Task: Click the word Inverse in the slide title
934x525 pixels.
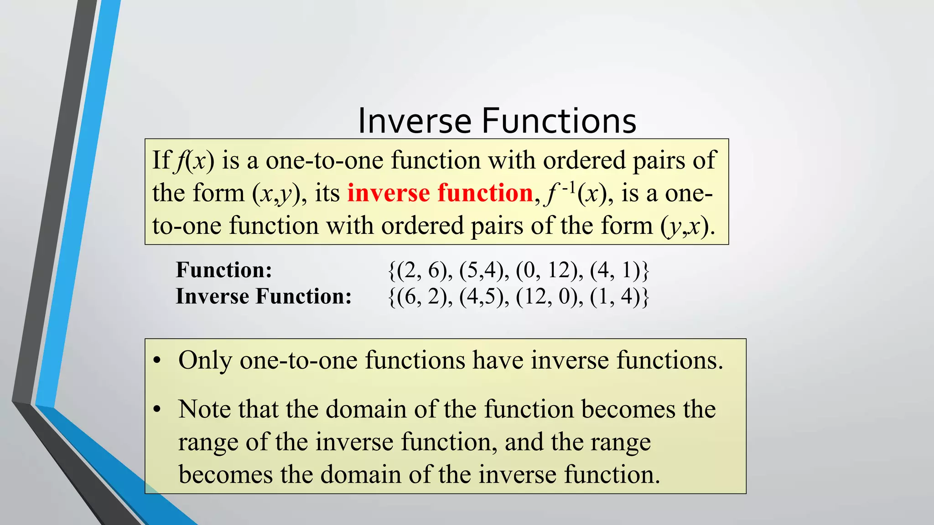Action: coord(414,121)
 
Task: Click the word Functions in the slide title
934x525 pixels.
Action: coord(559,121)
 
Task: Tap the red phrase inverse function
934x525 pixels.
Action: coord(440,193)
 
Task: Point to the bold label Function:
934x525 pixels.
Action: coord(224,270)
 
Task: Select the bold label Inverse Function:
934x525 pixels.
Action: coord(264,296)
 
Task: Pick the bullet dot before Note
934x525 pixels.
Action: coord(157,410)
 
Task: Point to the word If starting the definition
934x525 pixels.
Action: coord(161,160)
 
